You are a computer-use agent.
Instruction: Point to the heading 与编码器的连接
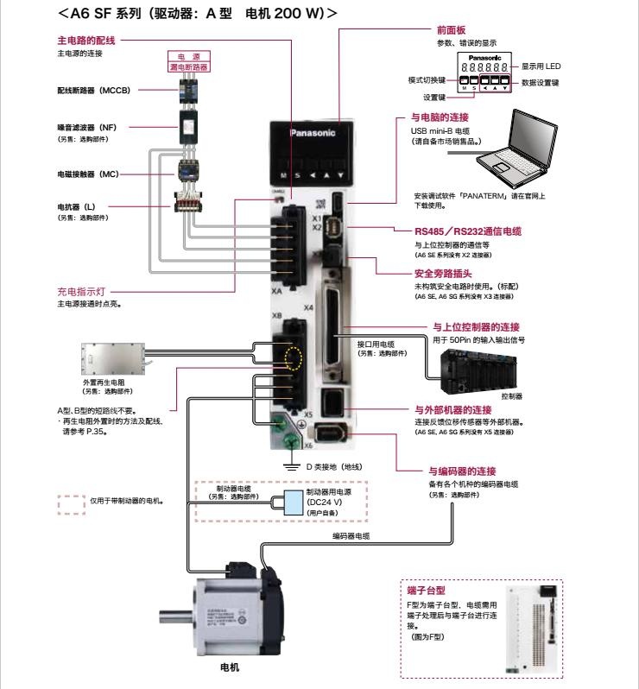[x=462, y=471]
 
